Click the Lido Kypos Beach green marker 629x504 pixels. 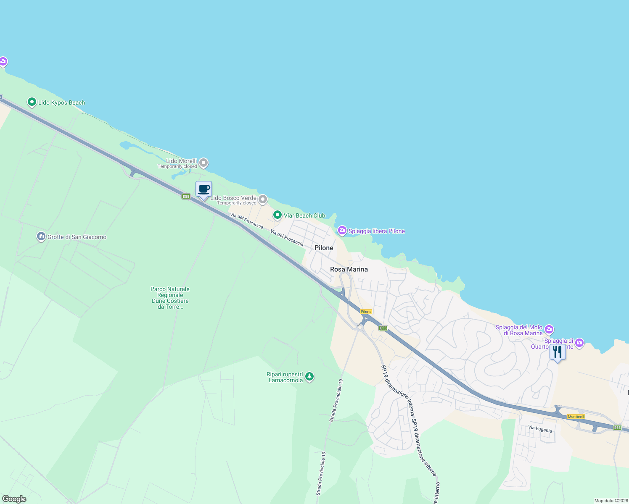pyautogui.click(x=32, y=102)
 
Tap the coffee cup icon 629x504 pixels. pyautogui.click(x=203, y=189)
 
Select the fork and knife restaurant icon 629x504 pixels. pyautogui.click(x=557, y=352)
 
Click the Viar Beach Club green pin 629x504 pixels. pyautogui.click(x=277, y=215)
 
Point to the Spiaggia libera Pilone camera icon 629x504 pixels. pyautogui.click(x=342, y=230)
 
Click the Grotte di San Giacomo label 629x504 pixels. pyautogui.click(x=77, y=237)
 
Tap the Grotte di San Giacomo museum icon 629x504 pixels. pyautogui.click(x=41, y=236)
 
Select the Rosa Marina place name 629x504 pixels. pyautogui.click(x=349, y=269)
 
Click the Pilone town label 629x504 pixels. pyautogui.click(x=324, y=248)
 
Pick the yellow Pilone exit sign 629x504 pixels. pyautogui.click(x=366, y=312)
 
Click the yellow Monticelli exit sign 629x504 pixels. pyautogui.click(x=576, y=417)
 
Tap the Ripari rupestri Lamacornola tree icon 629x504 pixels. pyautogui.click(x=309, y=376)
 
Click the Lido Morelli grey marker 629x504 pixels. pyautogui.click(x=203, y=163)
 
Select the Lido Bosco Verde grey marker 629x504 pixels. pyautogui.click(x=263, y=199)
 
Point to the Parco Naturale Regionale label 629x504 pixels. pyautogui.click(x=170, y=298)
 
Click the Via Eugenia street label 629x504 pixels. pyautogui.click(x=540, y=429)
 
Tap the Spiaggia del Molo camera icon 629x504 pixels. pyautogui.click(x=549, y=329)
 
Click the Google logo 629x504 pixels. pyautogui.click(x=14, y=499)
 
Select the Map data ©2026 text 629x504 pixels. pyautogui.click(x=611, y=501)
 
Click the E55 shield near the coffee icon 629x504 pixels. pyautogui.click(x=186, y=196)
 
